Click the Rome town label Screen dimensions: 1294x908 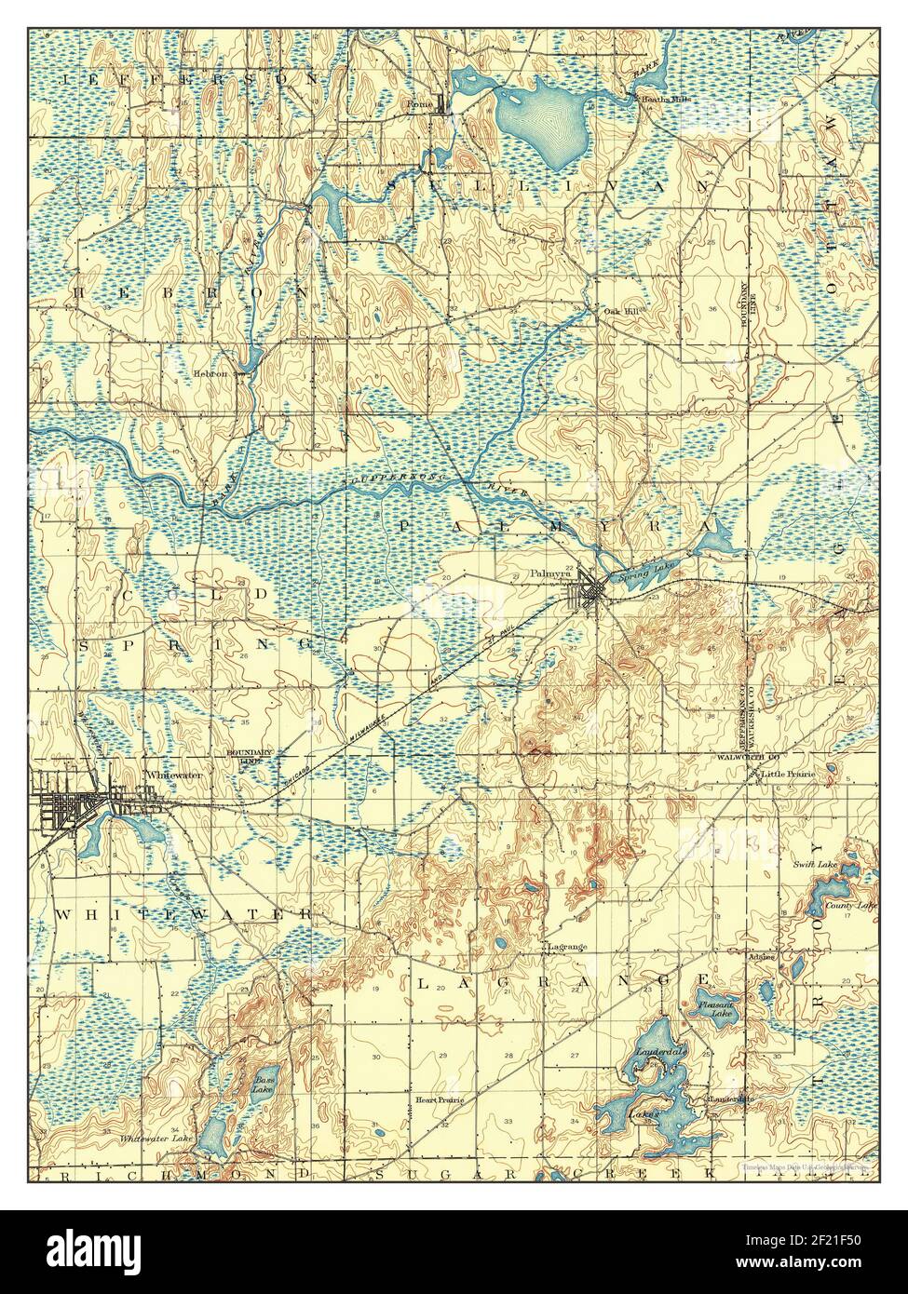coord(419,104)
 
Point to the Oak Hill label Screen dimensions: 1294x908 coord(621,312)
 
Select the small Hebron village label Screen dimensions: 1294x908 coord(210,373)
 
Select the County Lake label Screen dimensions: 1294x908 coord(854,905)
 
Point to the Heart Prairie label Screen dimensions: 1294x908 coord(438,1099)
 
